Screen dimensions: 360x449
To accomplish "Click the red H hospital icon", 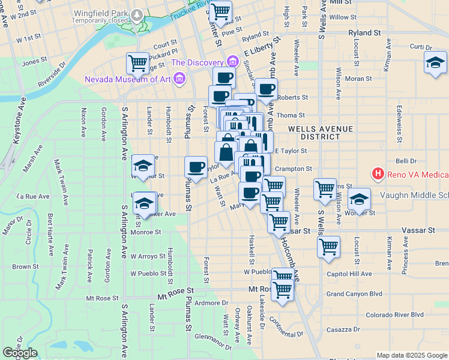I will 378,175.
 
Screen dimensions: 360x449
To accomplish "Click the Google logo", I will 20,353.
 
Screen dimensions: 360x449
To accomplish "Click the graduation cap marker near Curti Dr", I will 435,62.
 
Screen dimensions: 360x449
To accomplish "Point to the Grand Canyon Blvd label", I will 354,294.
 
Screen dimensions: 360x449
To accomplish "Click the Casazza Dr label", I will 343,329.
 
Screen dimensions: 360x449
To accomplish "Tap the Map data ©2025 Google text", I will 412,355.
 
